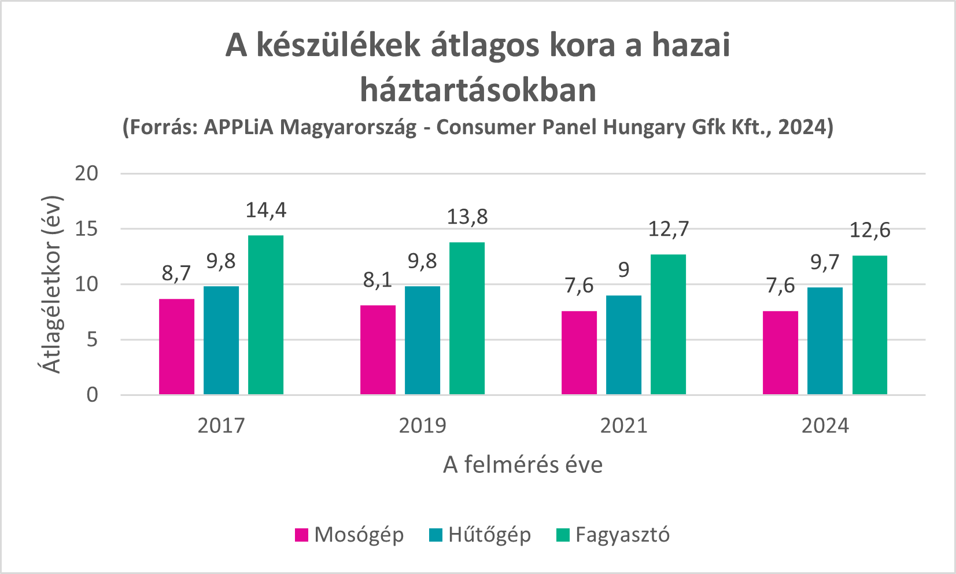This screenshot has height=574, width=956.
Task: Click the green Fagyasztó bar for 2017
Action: [265, 315]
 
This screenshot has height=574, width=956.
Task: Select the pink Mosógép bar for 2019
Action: [378, 350]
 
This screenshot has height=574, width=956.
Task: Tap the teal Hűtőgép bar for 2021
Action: [623, 345]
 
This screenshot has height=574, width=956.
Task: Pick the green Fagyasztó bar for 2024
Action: [869, 325]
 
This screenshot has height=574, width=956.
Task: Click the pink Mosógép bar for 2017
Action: [176, 347]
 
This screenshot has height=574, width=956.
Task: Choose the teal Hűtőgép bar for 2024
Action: [825, 341]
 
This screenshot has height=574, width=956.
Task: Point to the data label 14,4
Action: [265, 210]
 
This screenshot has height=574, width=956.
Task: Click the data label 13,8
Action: [467, 217]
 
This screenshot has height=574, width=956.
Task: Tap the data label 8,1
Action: [378, 280]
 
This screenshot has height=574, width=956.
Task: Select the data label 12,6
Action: [869, 230]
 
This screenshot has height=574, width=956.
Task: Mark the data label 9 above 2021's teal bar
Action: [623, 270]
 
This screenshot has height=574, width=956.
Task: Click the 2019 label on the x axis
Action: [422, 426]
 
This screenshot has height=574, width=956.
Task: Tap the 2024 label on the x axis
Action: [825, 426]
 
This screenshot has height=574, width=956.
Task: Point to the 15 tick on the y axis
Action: [86, 229]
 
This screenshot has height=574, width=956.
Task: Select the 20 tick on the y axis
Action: [86, 173]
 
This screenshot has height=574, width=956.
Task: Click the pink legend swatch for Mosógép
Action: [301, 535]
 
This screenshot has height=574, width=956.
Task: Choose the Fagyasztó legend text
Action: [622, 535]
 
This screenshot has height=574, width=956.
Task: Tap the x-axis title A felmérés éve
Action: [523, 465]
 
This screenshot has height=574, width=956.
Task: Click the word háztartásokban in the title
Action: [478, 90]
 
